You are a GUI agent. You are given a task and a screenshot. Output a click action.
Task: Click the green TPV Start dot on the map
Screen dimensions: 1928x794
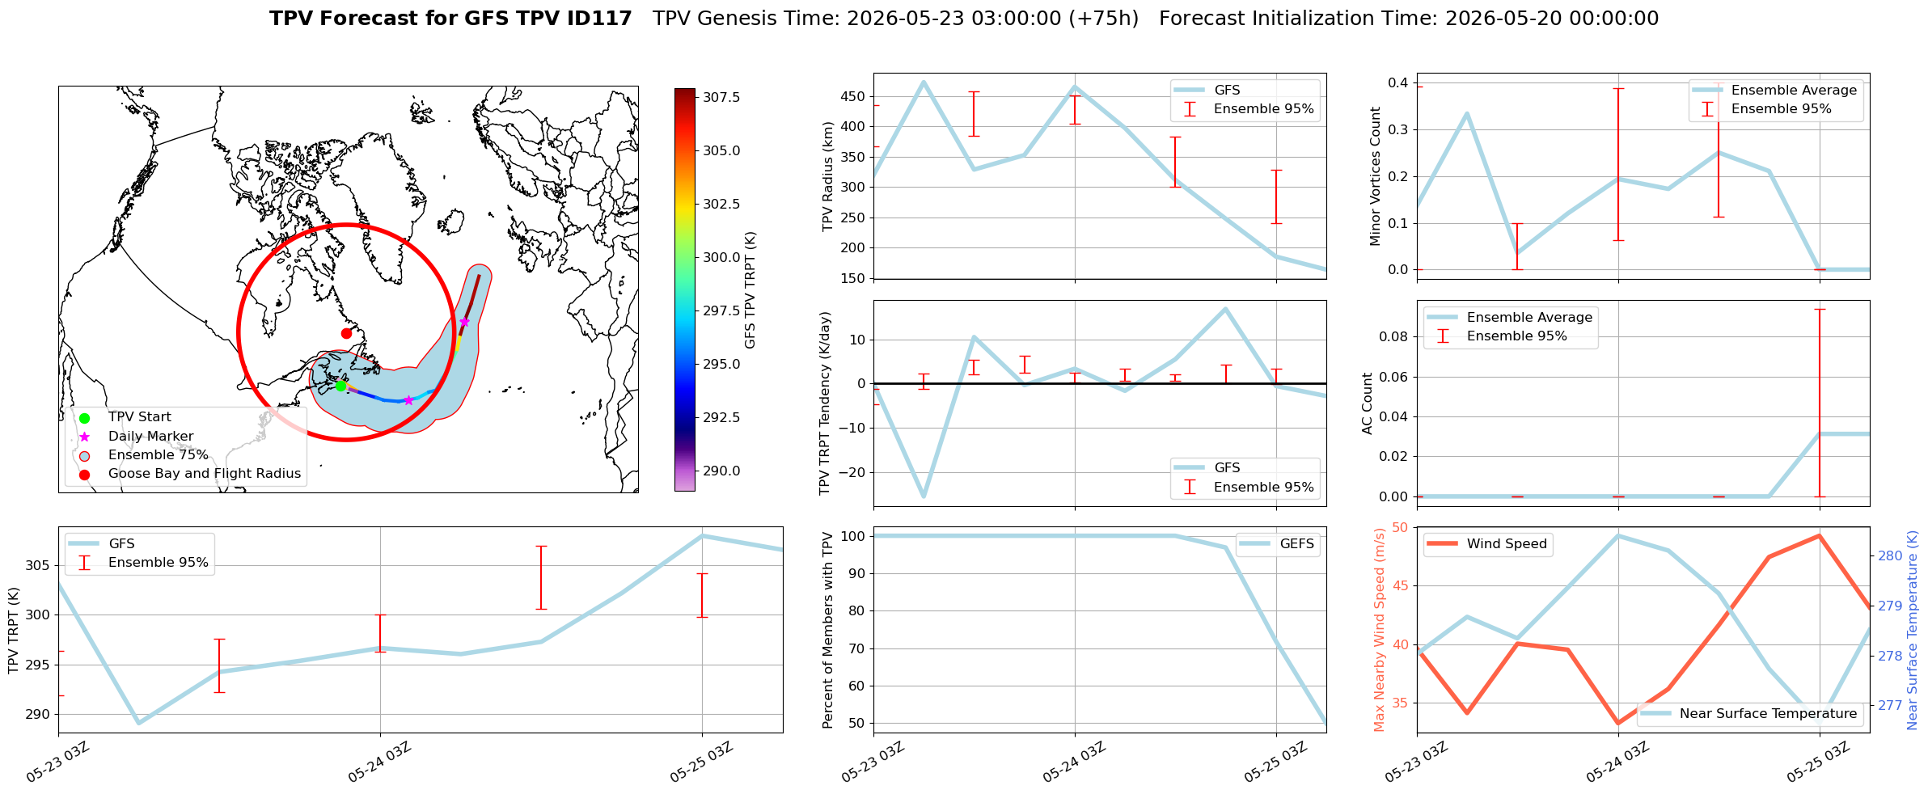(x=340, y=386)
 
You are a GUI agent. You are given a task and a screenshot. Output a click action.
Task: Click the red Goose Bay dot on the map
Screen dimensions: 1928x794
(x=346, y=333)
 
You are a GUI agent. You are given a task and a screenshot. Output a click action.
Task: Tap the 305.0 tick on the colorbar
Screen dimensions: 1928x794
(x=721, y=150)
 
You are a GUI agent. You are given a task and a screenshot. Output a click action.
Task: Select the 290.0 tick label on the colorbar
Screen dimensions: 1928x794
(x=721, y=471)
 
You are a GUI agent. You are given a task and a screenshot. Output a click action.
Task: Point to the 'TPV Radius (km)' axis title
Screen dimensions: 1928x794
(x=827, y=176)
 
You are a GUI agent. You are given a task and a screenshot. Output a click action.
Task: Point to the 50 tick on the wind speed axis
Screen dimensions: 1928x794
(x=1400, y=527)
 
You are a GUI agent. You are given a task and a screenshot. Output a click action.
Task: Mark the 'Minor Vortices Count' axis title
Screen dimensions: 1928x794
(x=1375, y=176)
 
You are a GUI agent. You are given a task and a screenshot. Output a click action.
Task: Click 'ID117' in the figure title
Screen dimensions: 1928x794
(x=599, y=19)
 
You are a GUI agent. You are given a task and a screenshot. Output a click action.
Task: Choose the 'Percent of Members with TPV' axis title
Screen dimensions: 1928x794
(x=827, y=630)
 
